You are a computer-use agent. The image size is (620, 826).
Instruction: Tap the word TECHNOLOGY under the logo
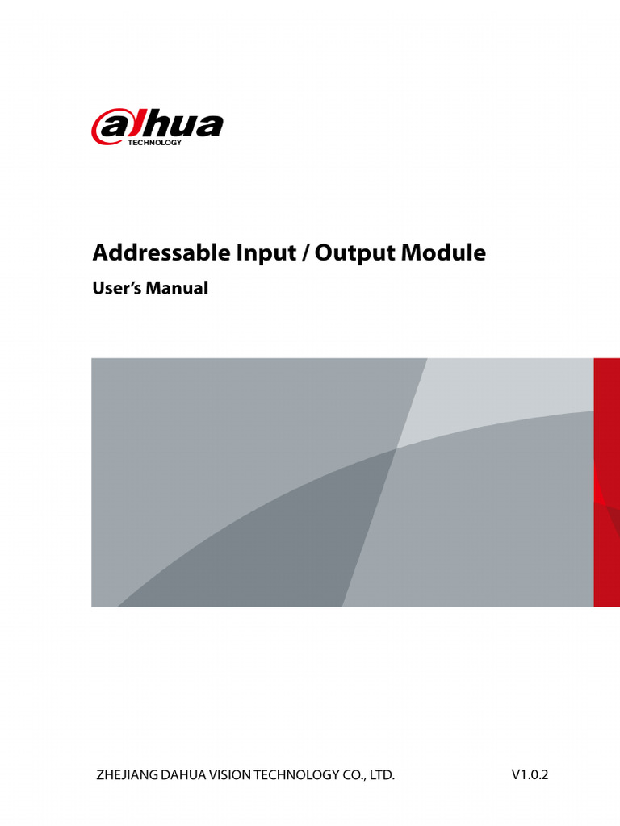pos(155,143)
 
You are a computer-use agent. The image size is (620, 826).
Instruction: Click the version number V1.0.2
pos(530,775)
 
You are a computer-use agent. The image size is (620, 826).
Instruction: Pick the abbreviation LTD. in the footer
pos(383,776)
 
